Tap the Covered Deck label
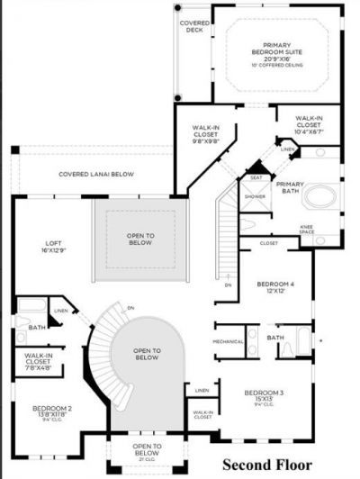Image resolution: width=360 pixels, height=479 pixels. click(194, 26)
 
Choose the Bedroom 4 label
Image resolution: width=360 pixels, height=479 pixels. click(275, 286)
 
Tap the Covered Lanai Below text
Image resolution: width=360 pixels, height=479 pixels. click(97, 175)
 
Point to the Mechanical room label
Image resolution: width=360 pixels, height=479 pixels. click(228, 341)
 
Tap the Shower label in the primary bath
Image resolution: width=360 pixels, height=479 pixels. click(255, 195)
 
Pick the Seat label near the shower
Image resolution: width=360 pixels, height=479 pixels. click(256, 177)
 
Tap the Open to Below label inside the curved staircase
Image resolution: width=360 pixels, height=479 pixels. click(146, 354)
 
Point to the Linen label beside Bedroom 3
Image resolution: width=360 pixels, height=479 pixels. click(202, 390)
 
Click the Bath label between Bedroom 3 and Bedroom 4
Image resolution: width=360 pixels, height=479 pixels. click(274, 338)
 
